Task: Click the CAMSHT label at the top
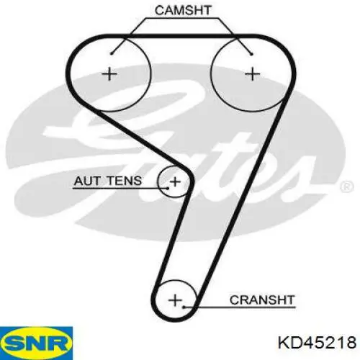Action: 183,10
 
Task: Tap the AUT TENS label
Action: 108,181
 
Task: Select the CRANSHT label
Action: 262,300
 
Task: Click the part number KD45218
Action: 317,342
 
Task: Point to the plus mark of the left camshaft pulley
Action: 109,74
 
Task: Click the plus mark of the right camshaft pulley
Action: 252,74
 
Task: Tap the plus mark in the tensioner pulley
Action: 175,181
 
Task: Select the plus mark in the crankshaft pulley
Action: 175,300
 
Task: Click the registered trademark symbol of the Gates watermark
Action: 347,186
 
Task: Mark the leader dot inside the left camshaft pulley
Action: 112,53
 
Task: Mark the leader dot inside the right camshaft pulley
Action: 251,54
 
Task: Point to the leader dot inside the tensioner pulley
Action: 168,188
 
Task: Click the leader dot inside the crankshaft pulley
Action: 184,307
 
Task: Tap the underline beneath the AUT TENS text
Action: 120,189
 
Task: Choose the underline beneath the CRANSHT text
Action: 240,307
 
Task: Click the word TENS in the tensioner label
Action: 124,181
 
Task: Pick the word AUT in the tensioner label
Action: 87,181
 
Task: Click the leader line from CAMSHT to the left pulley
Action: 129,35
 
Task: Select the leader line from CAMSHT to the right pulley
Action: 235,36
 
